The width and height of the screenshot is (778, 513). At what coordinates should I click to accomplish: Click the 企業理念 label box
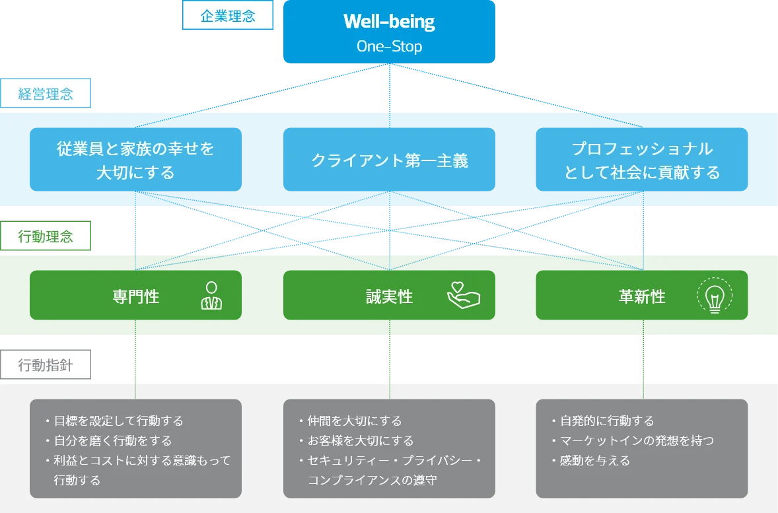227,17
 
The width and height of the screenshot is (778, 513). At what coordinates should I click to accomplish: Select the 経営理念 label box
46,94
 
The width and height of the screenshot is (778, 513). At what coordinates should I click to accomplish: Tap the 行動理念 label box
46,236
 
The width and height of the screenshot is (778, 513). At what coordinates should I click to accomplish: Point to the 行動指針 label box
46,365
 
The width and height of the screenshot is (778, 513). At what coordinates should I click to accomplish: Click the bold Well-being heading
389,22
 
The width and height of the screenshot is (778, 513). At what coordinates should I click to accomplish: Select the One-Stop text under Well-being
389,47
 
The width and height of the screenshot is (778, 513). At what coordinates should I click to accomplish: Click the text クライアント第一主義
390,160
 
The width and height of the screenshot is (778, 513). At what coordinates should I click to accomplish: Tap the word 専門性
136,296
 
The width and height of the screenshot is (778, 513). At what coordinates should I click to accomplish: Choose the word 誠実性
390,296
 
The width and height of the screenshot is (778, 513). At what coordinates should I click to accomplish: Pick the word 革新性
641,296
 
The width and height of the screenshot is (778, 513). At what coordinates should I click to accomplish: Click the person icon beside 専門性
211,296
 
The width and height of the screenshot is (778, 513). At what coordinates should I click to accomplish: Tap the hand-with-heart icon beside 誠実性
463,296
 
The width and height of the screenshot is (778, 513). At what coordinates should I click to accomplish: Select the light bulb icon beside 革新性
714,297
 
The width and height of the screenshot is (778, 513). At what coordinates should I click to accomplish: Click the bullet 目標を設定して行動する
118,421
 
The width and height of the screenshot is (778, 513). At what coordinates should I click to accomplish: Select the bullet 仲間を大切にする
354,421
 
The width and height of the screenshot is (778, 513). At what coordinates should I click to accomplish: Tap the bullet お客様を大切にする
360,440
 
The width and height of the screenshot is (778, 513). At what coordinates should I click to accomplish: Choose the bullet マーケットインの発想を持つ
636,440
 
